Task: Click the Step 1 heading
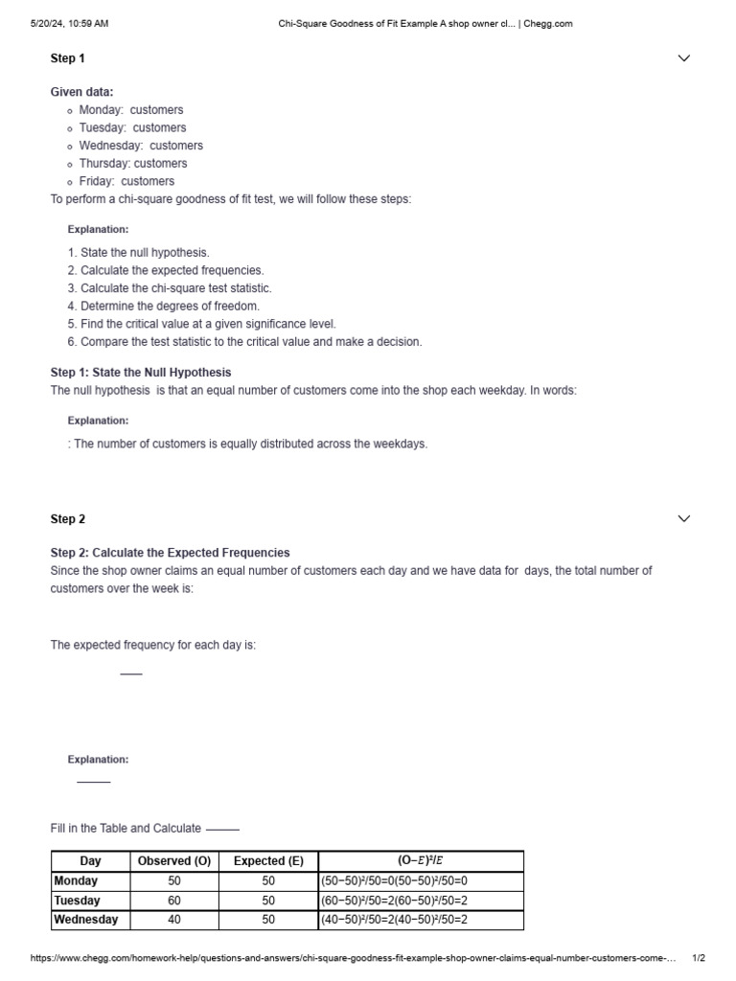tap(67, 58)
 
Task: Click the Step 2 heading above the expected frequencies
tap(67, 519)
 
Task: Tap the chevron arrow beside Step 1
tap(683, 58)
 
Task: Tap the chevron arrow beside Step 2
tap(683, 519)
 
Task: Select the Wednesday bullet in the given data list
tap(140, 146)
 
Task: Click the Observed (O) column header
tap(174, 861)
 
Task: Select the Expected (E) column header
tap(268, 861)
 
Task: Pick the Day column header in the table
tap(90, 861)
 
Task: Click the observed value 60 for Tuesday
tap(174, 901)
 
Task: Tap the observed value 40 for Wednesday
tap(174, 920)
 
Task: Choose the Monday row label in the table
tap(77, 881)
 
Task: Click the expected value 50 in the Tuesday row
tap(268, 901)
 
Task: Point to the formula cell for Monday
tap(395, 881)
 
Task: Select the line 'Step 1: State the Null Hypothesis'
tap(141, 373)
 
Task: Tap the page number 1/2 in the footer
tap(699, 958)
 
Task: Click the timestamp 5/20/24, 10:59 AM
tap(70, 24)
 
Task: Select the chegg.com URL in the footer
tap(354, 958)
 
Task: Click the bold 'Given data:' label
tap(81, 92)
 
